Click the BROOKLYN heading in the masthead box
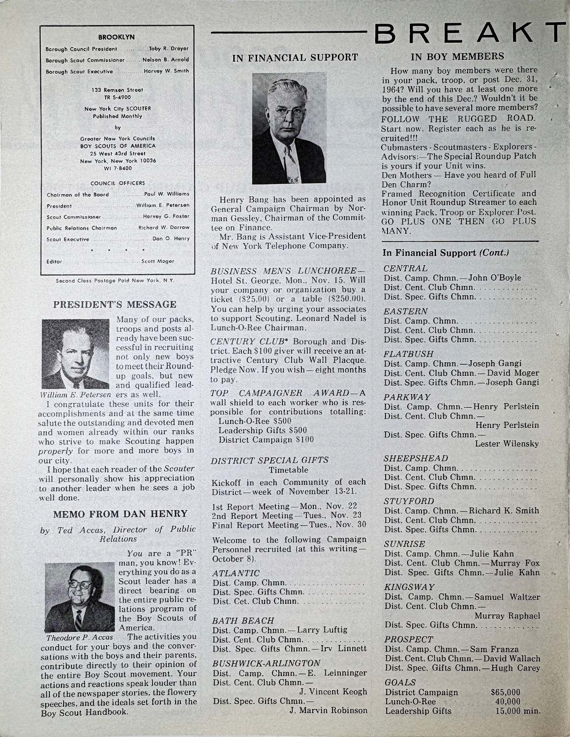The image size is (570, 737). [x=117, y=37]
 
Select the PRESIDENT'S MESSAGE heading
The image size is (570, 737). [x=115, y=305]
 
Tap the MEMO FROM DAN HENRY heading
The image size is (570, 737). [x=120, y=514]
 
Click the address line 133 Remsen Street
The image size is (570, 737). [x=117, y=90]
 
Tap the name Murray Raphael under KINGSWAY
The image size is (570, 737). [x=507, y=616]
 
